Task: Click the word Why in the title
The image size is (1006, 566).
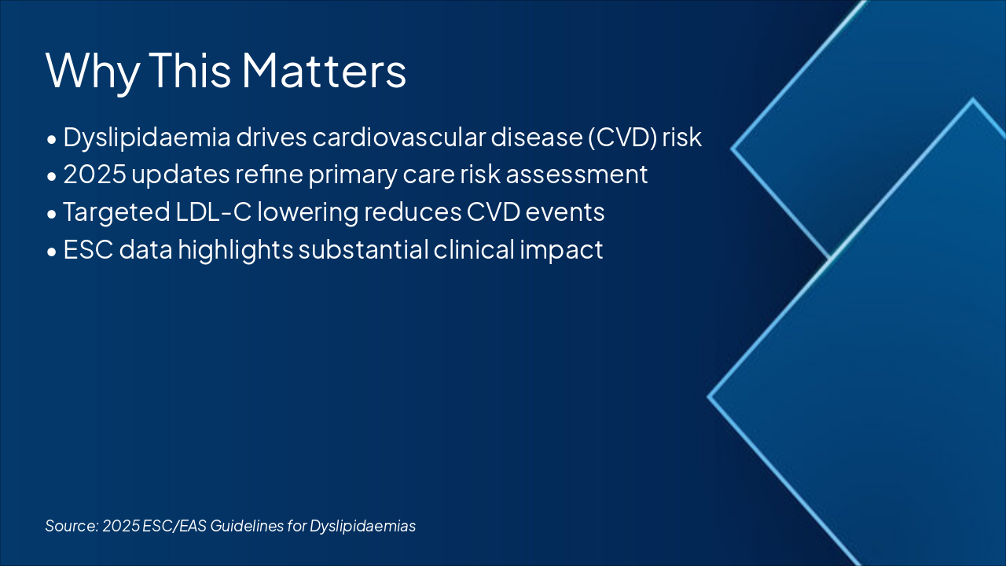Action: click(x=93, y=72)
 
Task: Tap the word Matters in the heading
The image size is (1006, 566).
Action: click(x=325, y=70)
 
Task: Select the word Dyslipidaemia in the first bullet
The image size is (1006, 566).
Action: click(x=147, y=138)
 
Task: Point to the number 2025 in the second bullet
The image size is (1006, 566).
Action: click(x=95, y=175)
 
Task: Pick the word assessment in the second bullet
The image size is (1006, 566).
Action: click(x=577, y=175)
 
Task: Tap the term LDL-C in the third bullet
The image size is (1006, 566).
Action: click(x=213, y=212)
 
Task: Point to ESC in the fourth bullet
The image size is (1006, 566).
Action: click(x=88, y=249)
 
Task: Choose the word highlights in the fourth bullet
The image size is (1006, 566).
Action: click(x=236, y=250)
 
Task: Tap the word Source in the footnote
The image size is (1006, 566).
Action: click(x=72, y=526)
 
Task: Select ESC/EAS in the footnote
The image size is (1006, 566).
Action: click(x=174, y=526)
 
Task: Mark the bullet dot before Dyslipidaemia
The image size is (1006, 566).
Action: click(x=52, y=140)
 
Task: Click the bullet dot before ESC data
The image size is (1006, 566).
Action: click(x=52, y=252)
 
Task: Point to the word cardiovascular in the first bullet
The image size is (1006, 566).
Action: click(x=399, y=138)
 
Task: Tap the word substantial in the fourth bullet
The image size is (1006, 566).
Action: click(x=363, y=249)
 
